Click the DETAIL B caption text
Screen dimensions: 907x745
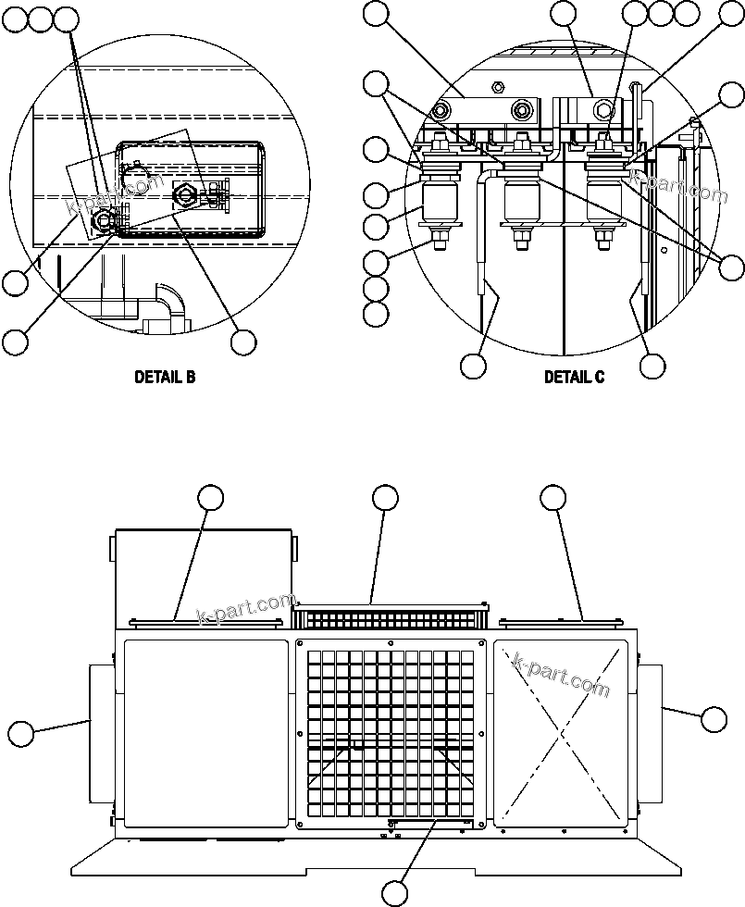[x=165, y=378]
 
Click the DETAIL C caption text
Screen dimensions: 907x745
[x=574, y=378]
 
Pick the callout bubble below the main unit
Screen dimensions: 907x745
[x=395, y=892]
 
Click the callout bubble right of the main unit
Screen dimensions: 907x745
[x=714, y=718]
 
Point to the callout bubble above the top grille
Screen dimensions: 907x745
[x=386, y=497]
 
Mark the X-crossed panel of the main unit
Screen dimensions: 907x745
[x=562, y=732]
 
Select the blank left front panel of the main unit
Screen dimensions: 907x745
[x=205, y=732]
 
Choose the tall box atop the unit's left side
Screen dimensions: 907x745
[x=203, y=574]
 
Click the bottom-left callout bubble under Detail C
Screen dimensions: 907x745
[x=473, y=366]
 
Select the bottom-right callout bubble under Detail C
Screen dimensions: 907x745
[x=652, y=366]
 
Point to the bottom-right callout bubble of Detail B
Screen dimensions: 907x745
[x=243, y=342]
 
